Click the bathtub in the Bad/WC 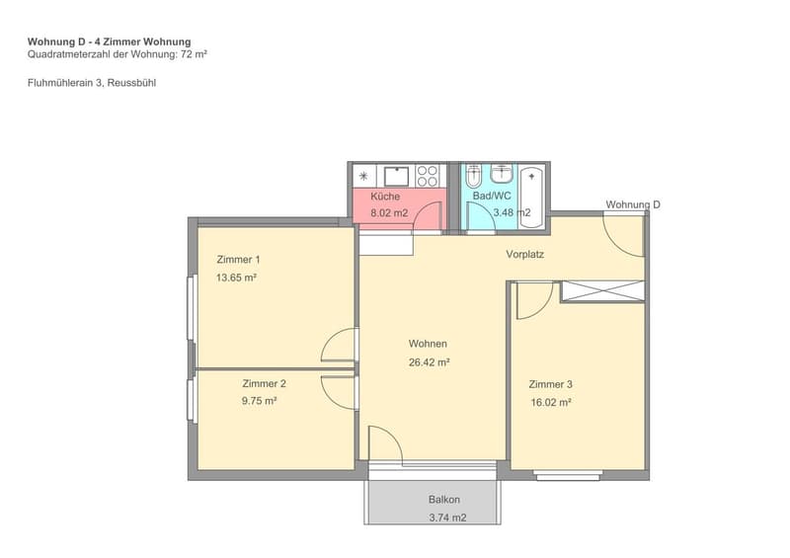532,198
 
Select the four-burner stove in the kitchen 428,177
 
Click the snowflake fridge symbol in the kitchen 363,176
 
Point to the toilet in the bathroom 473,176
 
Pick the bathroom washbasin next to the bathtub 502,174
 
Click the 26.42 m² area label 430,361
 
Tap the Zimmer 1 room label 238,260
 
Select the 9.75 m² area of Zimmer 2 259,401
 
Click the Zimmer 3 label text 551,384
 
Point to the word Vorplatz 525,254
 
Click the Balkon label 444,500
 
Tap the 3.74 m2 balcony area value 447,518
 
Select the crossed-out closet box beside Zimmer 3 603,291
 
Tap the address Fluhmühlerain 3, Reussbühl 92,83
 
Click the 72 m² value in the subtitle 194,54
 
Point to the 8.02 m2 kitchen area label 389,213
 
